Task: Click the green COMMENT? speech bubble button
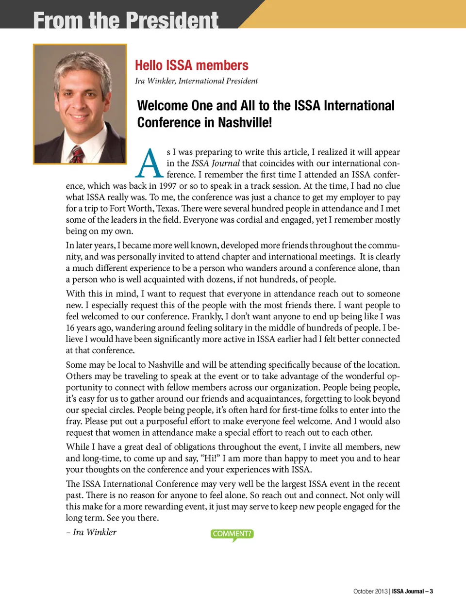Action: point(232,534)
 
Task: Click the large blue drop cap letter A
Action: point(149,164)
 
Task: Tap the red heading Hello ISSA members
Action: point(191,65)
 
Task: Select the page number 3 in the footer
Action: point(431,591)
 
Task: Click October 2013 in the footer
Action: point(370,591)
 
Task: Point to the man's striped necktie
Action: point(76,154)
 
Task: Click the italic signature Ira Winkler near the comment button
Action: point(94,532)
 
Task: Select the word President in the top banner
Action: point(172,20)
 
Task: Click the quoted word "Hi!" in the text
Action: point(209,459)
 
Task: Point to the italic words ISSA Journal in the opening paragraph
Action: point(215,164)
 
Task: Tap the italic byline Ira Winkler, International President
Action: point(196,81)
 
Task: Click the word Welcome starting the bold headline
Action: point(162,106)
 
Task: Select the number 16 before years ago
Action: point(71,328)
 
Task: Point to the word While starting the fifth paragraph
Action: point(78,447)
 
